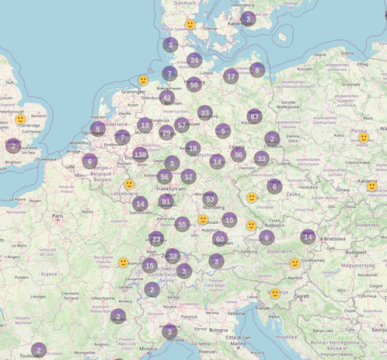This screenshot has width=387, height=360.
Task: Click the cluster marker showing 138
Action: tap(140, 155)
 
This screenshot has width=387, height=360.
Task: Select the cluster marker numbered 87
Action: tap(254, 117)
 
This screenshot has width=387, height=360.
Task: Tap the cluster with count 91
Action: tap(166, 201)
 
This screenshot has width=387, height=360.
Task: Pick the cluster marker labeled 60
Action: tap(221, 239)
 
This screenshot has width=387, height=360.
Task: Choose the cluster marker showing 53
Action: tap(210, 200)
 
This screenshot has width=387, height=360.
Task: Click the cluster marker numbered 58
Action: tap(193, 85)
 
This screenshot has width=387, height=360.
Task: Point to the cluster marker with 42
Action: tap(167, 98)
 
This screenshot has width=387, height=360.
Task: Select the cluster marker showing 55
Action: tap(182, 224)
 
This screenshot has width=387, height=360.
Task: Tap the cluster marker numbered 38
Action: tap(173, 256)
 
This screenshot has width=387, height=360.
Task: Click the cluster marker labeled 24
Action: tap(194, 60)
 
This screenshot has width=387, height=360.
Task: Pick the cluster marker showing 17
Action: tap(230, 76)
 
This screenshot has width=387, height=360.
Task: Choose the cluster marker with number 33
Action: tap(261, 159)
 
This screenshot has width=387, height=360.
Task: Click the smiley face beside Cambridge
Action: tap(20, 120)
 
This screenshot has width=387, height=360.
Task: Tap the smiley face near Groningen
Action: tap(143, 80)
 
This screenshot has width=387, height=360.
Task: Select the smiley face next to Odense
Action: tap(190, 25)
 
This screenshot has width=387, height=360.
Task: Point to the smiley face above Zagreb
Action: tap(274, 293)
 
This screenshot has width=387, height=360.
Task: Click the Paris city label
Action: tap(57, 216)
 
